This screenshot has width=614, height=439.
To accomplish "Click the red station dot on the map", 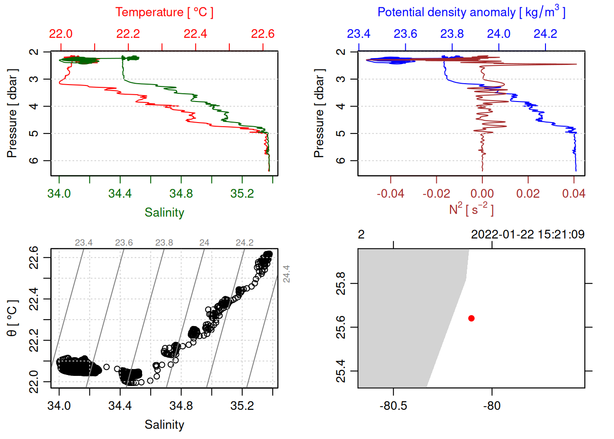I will point(471,318).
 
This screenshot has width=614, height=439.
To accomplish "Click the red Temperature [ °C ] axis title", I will point(164,12).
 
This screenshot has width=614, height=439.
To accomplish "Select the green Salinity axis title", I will point(164,213).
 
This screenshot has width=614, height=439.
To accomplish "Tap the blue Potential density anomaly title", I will point(471,12).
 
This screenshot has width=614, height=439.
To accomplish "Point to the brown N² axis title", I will point(471,209).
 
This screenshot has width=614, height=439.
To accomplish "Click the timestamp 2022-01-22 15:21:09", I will point(528,235).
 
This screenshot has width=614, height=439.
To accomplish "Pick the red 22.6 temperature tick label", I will point(263,34).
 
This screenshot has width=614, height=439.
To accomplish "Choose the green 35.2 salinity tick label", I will point(242,194).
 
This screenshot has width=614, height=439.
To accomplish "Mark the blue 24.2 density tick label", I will point(545,34).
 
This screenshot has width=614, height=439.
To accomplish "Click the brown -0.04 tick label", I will point(390,194).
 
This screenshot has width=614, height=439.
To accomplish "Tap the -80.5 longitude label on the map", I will point(393,406).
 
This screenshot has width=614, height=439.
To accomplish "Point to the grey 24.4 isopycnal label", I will point(286,274).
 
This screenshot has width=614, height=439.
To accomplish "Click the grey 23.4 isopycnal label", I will point(84,243).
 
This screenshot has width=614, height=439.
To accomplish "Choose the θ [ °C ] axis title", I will point(12,318).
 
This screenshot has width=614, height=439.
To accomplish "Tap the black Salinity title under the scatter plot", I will point(164,425).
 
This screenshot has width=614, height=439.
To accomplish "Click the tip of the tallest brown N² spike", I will point(576,64).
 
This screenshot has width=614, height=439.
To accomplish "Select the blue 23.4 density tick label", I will point(359,34).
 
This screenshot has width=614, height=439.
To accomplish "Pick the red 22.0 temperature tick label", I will point(61,34).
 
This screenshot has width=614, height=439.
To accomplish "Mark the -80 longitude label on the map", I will point(492,406).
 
